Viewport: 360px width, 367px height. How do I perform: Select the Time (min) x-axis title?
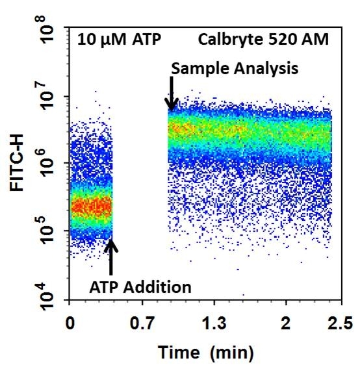click(x=201, y=353)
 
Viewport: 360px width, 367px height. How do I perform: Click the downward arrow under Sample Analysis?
click(x=172, y=94)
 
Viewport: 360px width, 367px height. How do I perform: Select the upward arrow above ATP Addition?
click(x=110, y=257)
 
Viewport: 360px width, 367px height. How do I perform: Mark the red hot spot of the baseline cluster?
click(x=91, y=207)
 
